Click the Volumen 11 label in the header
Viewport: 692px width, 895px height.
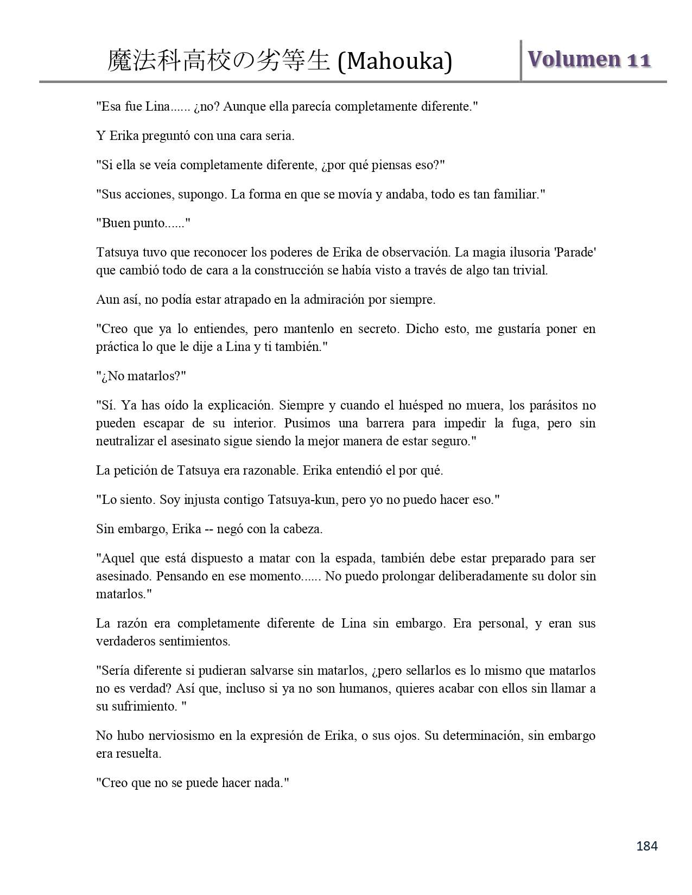[x=589, y=59]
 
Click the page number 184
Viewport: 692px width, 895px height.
[x=646, y=846]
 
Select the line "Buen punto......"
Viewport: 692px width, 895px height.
[x=143, y=223]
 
